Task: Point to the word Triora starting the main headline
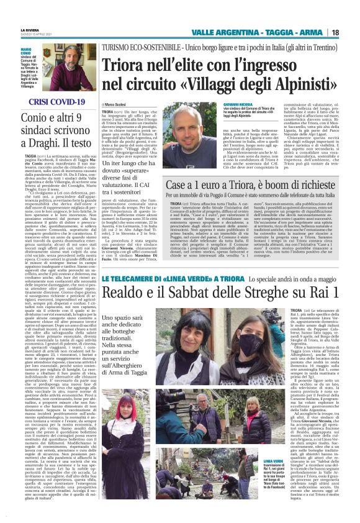coord(125,64)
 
